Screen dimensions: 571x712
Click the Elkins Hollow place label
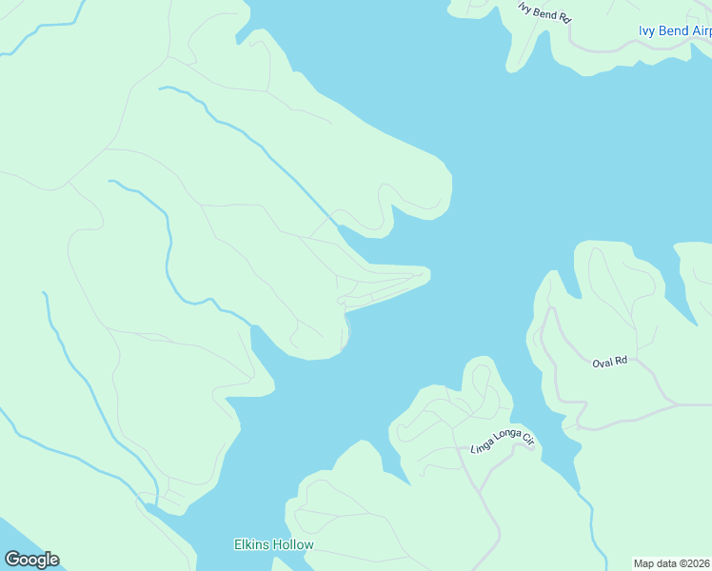pyautogui.click(x=274, y=545)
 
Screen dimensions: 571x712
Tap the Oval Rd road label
pyautogui.click(x=610, y=362)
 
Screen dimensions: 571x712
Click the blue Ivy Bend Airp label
pyautogui.click(x=674, y=31)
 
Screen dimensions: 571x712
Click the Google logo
pyautogui.click(x=31, y=560)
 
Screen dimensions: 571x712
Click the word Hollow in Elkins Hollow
pyautogui.click(x=293, y=545)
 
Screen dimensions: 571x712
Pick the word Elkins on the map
pyautogui.click(x=251, y=545)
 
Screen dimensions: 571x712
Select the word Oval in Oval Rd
pyautogui.click(x=603, y=363)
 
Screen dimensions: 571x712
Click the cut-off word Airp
pyautogui.click(x=698, y=31)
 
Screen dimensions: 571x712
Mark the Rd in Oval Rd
pyautogui.click(x=622, y=361)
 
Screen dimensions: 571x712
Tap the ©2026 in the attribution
pyautogui.click(x=695, y=563)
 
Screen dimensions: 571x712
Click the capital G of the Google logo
pyautogui.click(x=12, y=560)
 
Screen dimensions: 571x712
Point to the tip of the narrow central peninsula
pyautogui.click(x=428, y=275)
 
